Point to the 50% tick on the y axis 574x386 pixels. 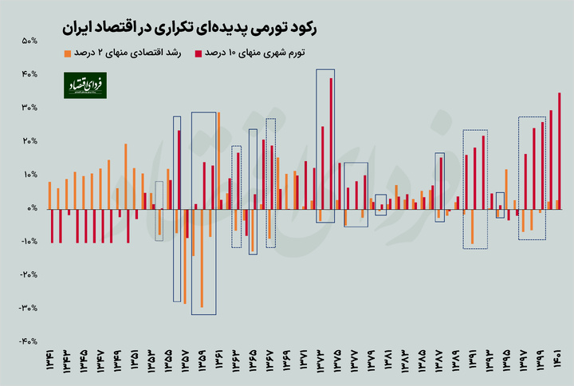[30, 41]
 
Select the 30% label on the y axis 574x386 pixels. [30, 108]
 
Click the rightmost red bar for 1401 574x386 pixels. [560, 151]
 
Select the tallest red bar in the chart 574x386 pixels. [332, 143]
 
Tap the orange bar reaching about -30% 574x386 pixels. [202, 258]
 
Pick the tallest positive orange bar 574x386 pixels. [218, 160]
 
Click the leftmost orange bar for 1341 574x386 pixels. [49, 195]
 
